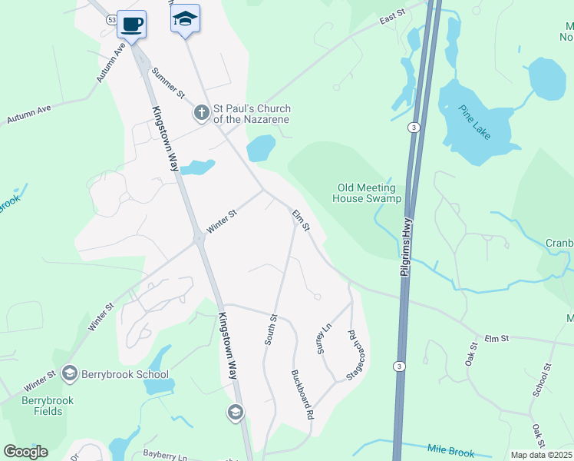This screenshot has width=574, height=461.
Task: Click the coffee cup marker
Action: pos(131,23)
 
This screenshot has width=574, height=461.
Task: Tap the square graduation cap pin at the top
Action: pos(185,18)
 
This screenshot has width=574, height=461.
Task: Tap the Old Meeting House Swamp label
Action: pos(367,193)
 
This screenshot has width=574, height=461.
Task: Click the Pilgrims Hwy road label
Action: pos(406,245)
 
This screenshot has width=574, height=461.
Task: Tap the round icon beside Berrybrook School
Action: pos(70,374)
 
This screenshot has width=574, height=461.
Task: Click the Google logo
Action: pos(25,452)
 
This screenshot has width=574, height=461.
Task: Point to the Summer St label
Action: pos(169,83)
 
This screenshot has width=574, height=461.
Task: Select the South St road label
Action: pos(271,328)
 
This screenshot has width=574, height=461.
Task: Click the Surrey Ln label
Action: pos(322,337)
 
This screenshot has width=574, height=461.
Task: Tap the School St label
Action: pos(542,380)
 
